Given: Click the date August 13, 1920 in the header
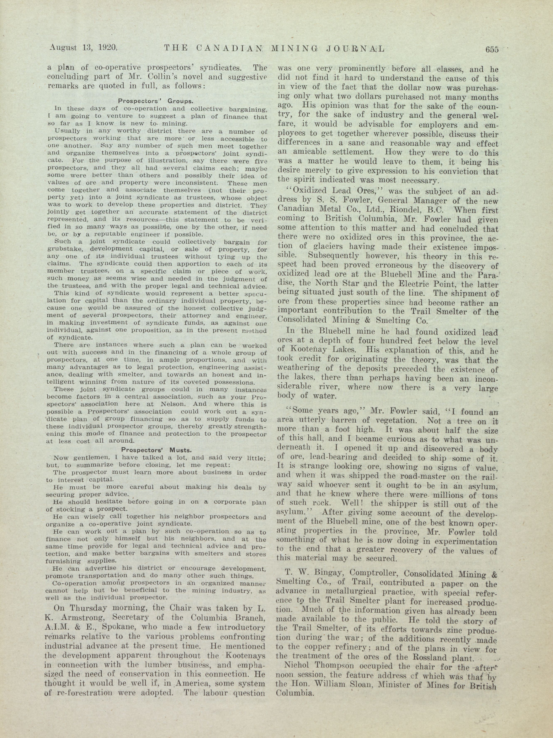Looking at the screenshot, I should (x=83, y=48).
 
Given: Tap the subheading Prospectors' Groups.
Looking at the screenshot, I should (x=156, y=100).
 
